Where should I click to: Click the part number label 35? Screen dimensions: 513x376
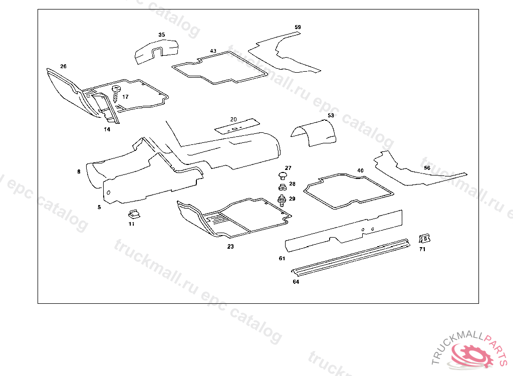161,35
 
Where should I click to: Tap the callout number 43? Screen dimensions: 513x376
213,51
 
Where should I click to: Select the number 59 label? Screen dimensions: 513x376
298,27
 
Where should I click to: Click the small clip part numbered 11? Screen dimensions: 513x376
134,213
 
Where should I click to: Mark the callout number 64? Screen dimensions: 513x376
296,282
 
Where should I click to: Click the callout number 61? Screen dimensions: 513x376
282,259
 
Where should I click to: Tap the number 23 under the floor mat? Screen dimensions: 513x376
230,247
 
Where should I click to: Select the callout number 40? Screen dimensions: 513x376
360,170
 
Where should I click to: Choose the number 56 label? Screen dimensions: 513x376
427,168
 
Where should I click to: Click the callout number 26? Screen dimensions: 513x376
63,66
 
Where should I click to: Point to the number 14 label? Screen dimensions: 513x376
107,129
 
